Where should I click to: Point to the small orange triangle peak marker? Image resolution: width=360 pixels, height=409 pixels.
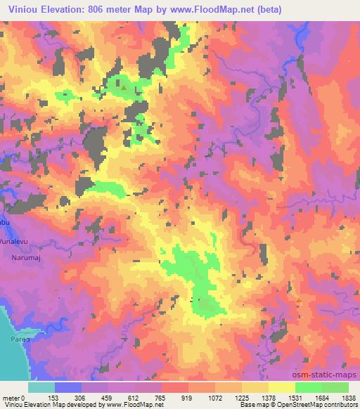[x=299, y=300]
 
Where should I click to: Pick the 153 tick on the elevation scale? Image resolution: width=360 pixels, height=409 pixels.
[x=55, y=397]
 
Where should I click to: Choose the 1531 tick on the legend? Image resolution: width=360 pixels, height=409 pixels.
[x=295, y=397]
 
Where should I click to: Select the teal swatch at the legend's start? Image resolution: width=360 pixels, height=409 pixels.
[x=41, y=387]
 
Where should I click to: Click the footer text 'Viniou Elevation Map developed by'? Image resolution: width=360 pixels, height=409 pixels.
[x=49, y=405]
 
